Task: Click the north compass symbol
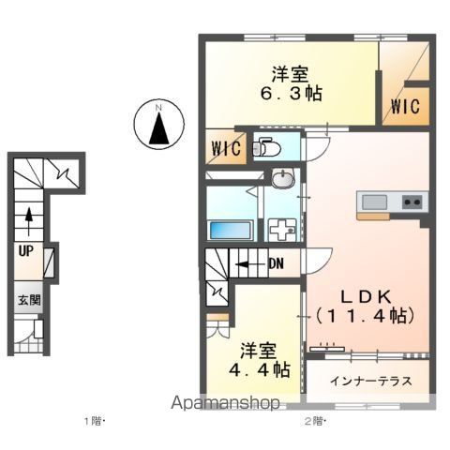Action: pos(159,124)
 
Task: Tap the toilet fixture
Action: pos(266,146)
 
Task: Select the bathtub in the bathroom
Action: pos(231,230)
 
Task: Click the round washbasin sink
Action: pos(283,178)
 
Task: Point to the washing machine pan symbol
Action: pos(283,230)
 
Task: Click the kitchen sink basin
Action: pos(374,202)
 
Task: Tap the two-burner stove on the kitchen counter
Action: pos(412,202)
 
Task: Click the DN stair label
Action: pos(277,264)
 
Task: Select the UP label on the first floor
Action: pos(26,251)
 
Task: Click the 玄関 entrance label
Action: pos(29,300)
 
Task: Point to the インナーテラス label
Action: pos(371,382)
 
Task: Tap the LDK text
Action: pos(366,297)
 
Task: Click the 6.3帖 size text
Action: pos(292,93)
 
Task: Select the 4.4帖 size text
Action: pos(260,369)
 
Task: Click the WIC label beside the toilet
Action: pos(227,148)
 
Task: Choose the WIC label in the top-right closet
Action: pos(405,106)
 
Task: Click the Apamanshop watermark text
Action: pos(225,403)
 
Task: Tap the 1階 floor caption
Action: pos(94,422)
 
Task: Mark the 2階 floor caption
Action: pos(316,422)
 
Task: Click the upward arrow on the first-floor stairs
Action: pos(29,221)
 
